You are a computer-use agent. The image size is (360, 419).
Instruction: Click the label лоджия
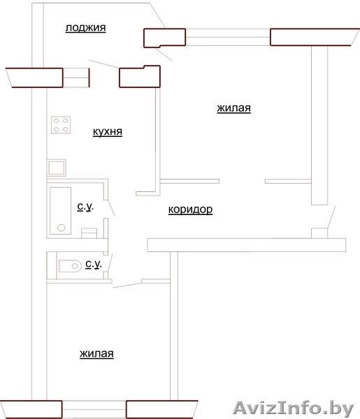[85, 28]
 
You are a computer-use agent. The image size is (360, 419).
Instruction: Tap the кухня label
[108, 131]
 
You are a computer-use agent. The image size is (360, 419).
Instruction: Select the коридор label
[190, 209]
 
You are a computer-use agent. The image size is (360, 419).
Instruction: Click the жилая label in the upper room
[233, 108]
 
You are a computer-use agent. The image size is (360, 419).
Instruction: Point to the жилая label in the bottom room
[96, 353]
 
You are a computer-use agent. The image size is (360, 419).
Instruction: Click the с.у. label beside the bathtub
[85, 207]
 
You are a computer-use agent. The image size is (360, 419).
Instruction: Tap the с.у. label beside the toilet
[94, 264]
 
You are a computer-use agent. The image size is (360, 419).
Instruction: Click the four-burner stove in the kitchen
[61, 125]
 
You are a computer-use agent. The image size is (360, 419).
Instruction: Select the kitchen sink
[57, 168]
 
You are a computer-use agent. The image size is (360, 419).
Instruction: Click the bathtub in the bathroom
[60, 211]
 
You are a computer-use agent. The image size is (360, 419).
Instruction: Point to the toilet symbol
[70, 266]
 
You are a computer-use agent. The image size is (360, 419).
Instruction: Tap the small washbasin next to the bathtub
[89, 233]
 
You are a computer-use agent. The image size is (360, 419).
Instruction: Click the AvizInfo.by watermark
[294, 409]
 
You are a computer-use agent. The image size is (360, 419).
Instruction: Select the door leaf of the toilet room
[110, 263]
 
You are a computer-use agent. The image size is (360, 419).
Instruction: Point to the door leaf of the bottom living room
[127, 286]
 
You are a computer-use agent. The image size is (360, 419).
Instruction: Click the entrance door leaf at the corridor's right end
[331, 216]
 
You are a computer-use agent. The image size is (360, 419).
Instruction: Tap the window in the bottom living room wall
[94, 409]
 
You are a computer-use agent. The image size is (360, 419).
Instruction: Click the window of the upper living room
[228, 37]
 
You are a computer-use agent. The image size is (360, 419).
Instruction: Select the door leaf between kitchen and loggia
[103, 64]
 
